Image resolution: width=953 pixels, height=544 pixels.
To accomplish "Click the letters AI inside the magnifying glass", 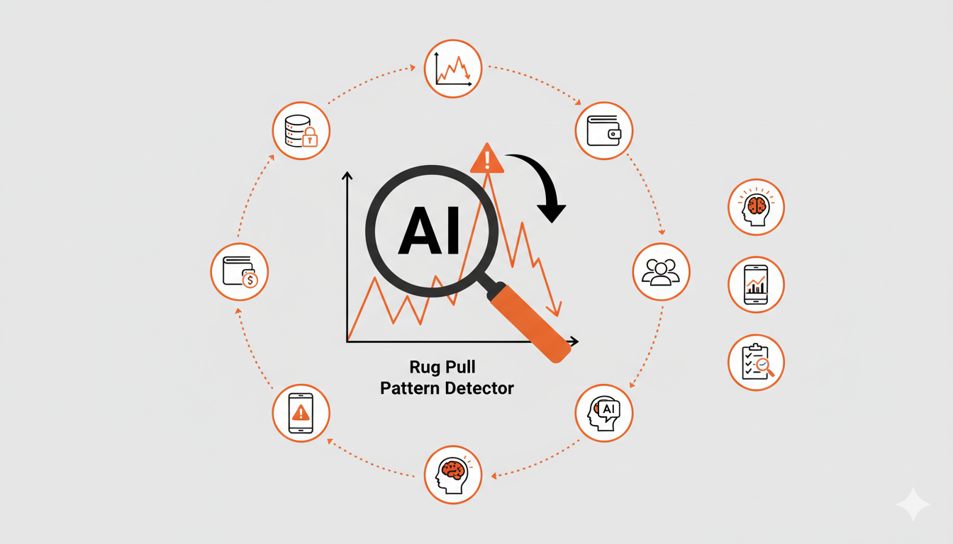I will tap(430, 231).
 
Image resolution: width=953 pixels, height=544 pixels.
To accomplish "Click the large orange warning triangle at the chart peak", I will tap(487, 159).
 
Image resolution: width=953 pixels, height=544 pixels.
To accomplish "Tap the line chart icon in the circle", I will tap(453, 69).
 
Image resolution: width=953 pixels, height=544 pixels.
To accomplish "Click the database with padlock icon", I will tap(301, 130).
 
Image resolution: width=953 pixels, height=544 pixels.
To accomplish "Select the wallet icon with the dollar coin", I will tap(240, 271).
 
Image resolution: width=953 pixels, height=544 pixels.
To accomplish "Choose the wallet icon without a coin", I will tap(603, 130).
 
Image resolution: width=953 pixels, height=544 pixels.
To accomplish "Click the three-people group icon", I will tap(660, 271).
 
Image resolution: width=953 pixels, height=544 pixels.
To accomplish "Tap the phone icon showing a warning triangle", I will tap(301, 413).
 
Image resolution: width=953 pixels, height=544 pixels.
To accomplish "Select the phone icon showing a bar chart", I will tap(756, 285).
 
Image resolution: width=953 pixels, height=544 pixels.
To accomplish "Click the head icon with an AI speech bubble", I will tap(603, 413).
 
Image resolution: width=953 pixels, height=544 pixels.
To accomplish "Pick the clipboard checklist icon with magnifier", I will tap(756, 363).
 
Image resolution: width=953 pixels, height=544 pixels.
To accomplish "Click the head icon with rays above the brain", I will tap(756, 207).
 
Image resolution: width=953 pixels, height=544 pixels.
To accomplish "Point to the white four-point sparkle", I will tap(912, 504).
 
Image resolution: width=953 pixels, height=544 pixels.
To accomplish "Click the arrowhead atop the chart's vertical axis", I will tap(347, 176).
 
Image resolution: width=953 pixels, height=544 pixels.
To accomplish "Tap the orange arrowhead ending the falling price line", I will tap(556, 310).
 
